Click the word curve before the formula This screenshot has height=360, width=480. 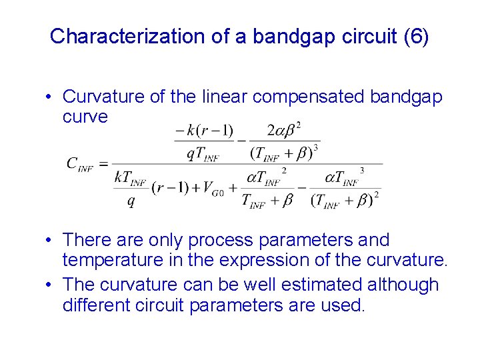pos(85,117)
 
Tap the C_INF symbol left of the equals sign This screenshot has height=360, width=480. pos(80,164)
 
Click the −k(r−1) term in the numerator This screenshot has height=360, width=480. pos(204,130)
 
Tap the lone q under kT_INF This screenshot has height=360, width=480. pos(131,202)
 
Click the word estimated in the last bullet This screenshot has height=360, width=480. pos(311,285)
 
